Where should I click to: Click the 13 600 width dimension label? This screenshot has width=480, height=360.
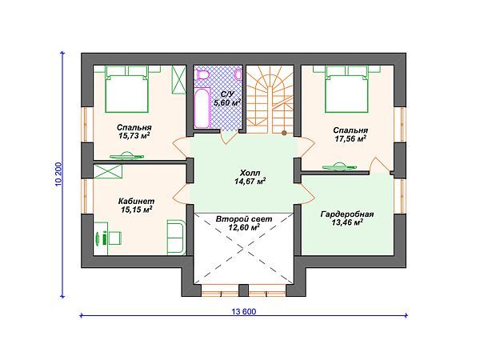244,312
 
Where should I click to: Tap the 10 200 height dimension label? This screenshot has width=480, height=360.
58,174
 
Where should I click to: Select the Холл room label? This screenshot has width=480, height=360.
250,173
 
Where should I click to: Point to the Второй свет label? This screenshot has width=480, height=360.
244,219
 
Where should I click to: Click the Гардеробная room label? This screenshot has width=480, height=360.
347,214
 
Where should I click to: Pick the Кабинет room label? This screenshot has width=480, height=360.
136,201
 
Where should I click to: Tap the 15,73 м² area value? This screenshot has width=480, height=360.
134,136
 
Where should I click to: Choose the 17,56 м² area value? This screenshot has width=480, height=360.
351,138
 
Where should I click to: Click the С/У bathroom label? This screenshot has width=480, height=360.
228,94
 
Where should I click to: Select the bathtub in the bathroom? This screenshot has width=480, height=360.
202,108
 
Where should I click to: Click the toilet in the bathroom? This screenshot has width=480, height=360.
202,74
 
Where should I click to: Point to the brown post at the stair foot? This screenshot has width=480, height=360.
284,133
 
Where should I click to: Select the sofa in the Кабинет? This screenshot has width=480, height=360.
177,238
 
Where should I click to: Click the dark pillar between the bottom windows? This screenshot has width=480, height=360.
243,290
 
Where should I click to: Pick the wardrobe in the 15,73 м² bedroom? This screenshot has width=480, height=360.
178,79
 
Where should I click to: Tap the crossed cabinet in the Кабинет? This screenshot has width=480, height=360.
107,171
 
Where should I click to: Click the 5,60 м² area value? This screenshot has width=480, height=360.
227,102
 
